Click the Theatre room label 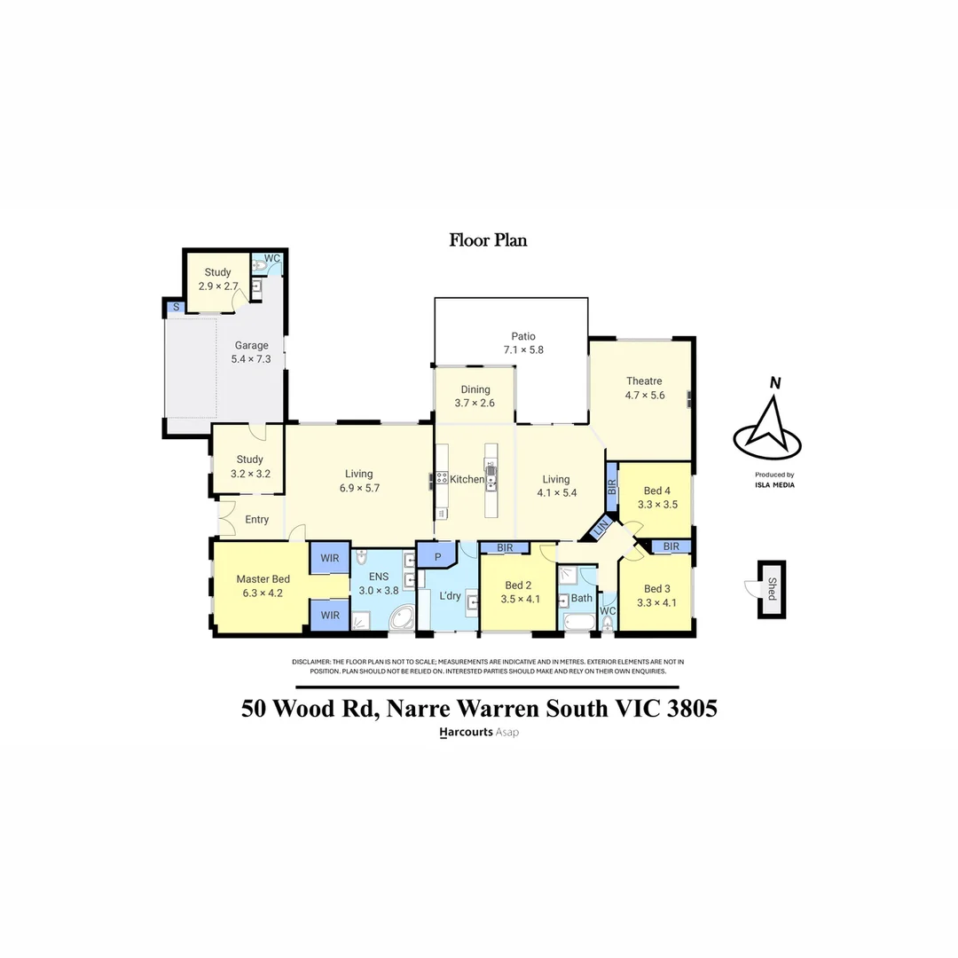[644, 381]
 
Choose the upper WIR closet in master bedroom [330, 559]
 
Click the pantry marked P [436, 556]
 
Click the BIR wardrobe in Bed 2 [506, 548]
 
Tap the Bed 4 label [657, 491]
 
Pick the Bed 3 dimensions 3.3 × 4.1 [657, 603]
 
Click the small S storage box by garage [176, 307]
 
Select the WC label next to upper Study [272, 258]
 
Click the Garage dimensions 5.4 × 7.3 [251, 359]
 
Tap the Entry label [256, 520]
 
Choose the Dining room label [475, 389]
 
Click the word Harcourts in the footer [467, 733]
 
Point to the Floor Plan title [488, 239]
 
